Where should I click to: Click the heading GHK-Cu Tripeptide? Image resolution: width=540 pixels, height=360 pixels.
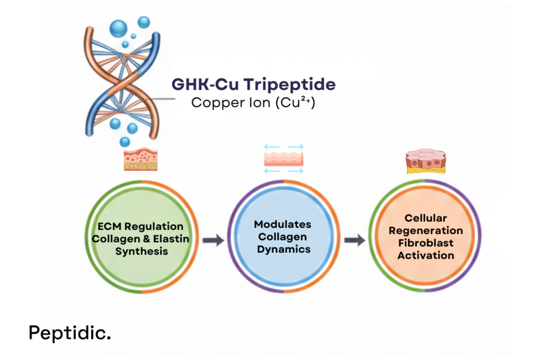pos(253,84)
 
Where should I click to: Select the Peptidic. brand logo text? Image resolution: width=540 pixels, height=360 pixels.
pos(69,332)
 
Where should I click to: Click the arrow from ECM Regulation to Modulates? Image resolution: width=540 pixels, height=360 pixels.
pos(213,241)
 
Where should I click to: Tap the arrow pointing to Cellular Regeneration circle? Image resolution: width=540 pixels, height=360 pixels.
pos(354,240)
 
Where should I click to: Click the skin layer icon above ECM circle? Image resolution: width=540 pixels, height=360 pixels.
pos(141,160)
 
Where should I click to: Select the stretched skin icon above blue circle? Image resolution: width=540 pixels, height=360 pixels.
pos(284,159)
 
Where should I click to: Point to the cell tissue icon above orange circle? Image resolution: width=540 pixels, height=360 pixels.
pos(425,161)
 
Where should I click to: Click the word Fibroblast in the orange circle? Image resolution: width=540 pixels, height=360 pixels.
pos(426,243)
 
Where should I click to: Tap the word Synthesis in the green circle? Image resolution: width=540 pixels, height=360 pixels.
pos(141,251)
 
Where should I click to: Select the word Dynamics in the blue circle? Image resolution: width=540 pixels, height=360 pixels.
pos(284,249)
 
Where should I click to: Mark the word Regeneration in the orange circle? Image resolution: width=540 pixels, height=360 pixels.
pos(426,230)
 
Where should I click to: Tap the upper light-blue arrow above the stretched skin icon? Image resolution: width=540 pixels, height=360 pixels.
pos(284,147)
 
